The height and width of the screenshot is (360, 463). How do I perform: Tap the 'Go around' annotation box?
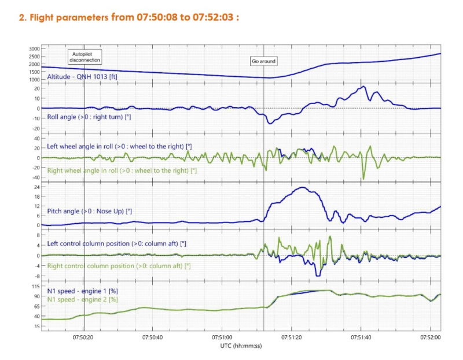pyautogui.click(x=263, y=61)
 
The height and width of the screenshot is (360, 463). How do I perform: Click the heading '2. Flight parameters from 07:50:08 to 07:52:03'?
pyautogui.click(x=129, y=17)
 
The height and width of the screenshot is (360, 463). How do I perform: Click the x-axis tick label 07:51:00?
pyautogui.click(x=223, y=336)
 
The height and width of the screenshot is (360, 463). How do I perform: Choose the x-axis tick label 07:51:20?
pyautogui.click(x=292, y=336)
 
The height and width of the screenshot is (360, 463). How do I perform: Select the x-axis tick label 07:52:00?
pyautogui.click(x=430, y=336)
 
